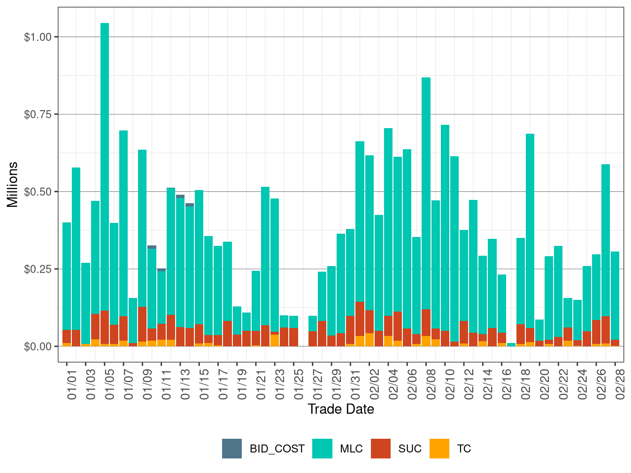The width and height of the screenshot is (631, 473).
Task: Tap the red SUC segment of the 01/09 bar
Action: (x=142, y=324)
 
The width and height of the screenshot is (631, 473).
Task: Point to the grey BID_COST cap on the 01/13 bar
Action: (x=180, y=197)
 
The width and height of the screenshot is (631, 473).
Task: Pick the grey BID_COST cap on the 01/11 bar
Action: (x=162, y=270)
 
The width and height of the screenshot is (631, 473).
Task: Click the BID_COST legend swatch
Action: (x=232, y=449)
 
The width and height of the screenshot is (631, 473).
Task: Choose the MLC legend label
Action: (x=351, y=449)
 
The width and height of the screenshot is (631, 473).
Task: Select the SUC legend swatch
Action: (x=381, y=449)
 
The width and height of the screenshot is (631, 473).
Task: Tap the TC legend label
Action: (x=464, y=449)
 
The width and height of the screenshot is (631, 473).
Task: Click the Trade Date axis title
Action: (x=341, y=409)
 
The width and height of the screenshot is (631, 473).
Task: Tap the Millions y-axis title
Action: (x=13, y=184)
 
